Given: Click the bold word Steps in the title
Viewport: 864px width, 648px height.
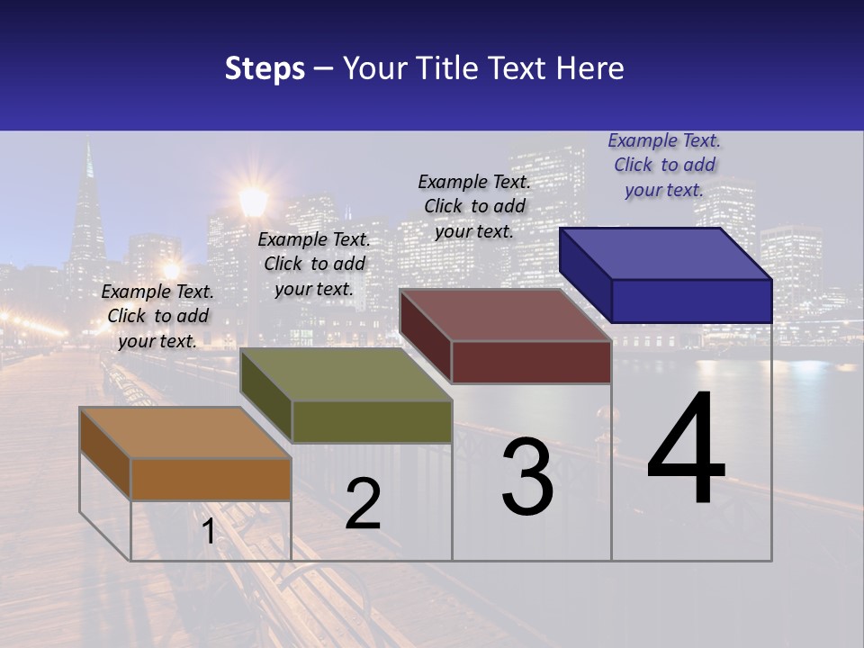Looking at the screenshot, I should coord(265,68).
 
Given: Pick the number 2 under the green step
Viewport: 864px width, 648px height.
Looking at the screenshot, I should coord(363,503).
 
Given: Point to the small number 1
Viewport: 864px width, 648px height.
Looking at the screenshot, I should coord(208,531).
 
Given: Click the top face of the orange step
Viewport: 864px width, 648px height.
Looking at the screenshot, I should coord(184,433).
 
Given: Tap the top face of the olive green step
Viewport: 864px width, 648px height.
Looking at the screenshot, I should coord(346,374).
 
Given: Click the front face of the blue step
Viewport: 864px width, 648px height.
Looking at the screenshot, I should coord(691,301).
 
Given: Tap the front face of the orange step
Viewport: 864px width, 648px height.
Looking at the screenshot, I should coord(211,479).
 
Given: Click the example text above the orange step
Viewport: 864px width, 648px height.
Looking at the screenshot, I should coord(157,316).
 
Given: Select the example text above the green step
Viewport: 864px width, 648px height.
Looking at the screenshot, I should coord(314,264).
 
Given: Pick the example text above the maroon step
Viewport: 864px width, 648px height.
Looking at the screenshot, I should coord(474,206).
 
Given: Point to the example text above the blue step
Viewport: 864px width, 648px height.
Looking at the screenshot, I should coord(664,165).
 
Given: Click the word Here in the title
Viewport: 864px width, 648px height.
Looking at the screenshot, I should coord(590,68).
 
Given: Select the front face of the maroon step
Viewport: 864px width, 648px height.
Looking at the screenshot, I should coord(531,363).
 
